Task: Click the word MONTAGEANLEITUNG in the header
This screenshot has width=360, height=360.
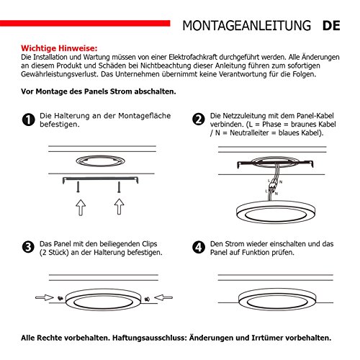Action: point(246,26)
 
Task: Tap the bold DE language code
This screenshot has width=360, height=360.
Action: point(331,26)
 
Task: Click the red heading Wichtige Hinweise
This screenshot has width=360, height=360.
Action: point(59,48)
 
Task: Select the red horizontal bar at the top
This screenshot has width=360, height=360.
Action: point(85,23)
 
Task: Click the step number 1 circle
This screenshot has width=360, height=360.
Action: point(28,120)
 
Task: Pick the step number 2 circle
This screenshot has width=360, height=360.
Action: point(199,119)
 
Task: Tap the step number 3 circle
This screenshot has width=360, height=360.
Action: point(28,247)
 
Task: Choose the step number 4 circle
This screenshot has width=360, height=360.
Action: point(199,247)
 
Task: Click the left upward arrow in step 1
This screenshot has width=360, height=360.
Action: point(81,207)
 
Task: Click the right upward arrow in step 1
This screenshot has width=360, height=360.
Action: point(119,207)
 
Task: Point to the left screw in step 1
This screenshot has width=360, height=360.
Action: point(78,187)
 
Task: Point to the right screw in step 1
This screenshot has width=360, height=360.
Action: point(119,187)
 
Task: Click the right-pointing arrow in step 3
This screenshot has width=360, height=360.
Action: point(45,298)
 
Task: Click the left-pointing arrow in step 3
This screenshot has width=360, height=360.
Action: point(163,297)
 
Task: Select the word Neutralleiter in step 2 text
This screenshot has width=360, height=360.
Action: point(249,132)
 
